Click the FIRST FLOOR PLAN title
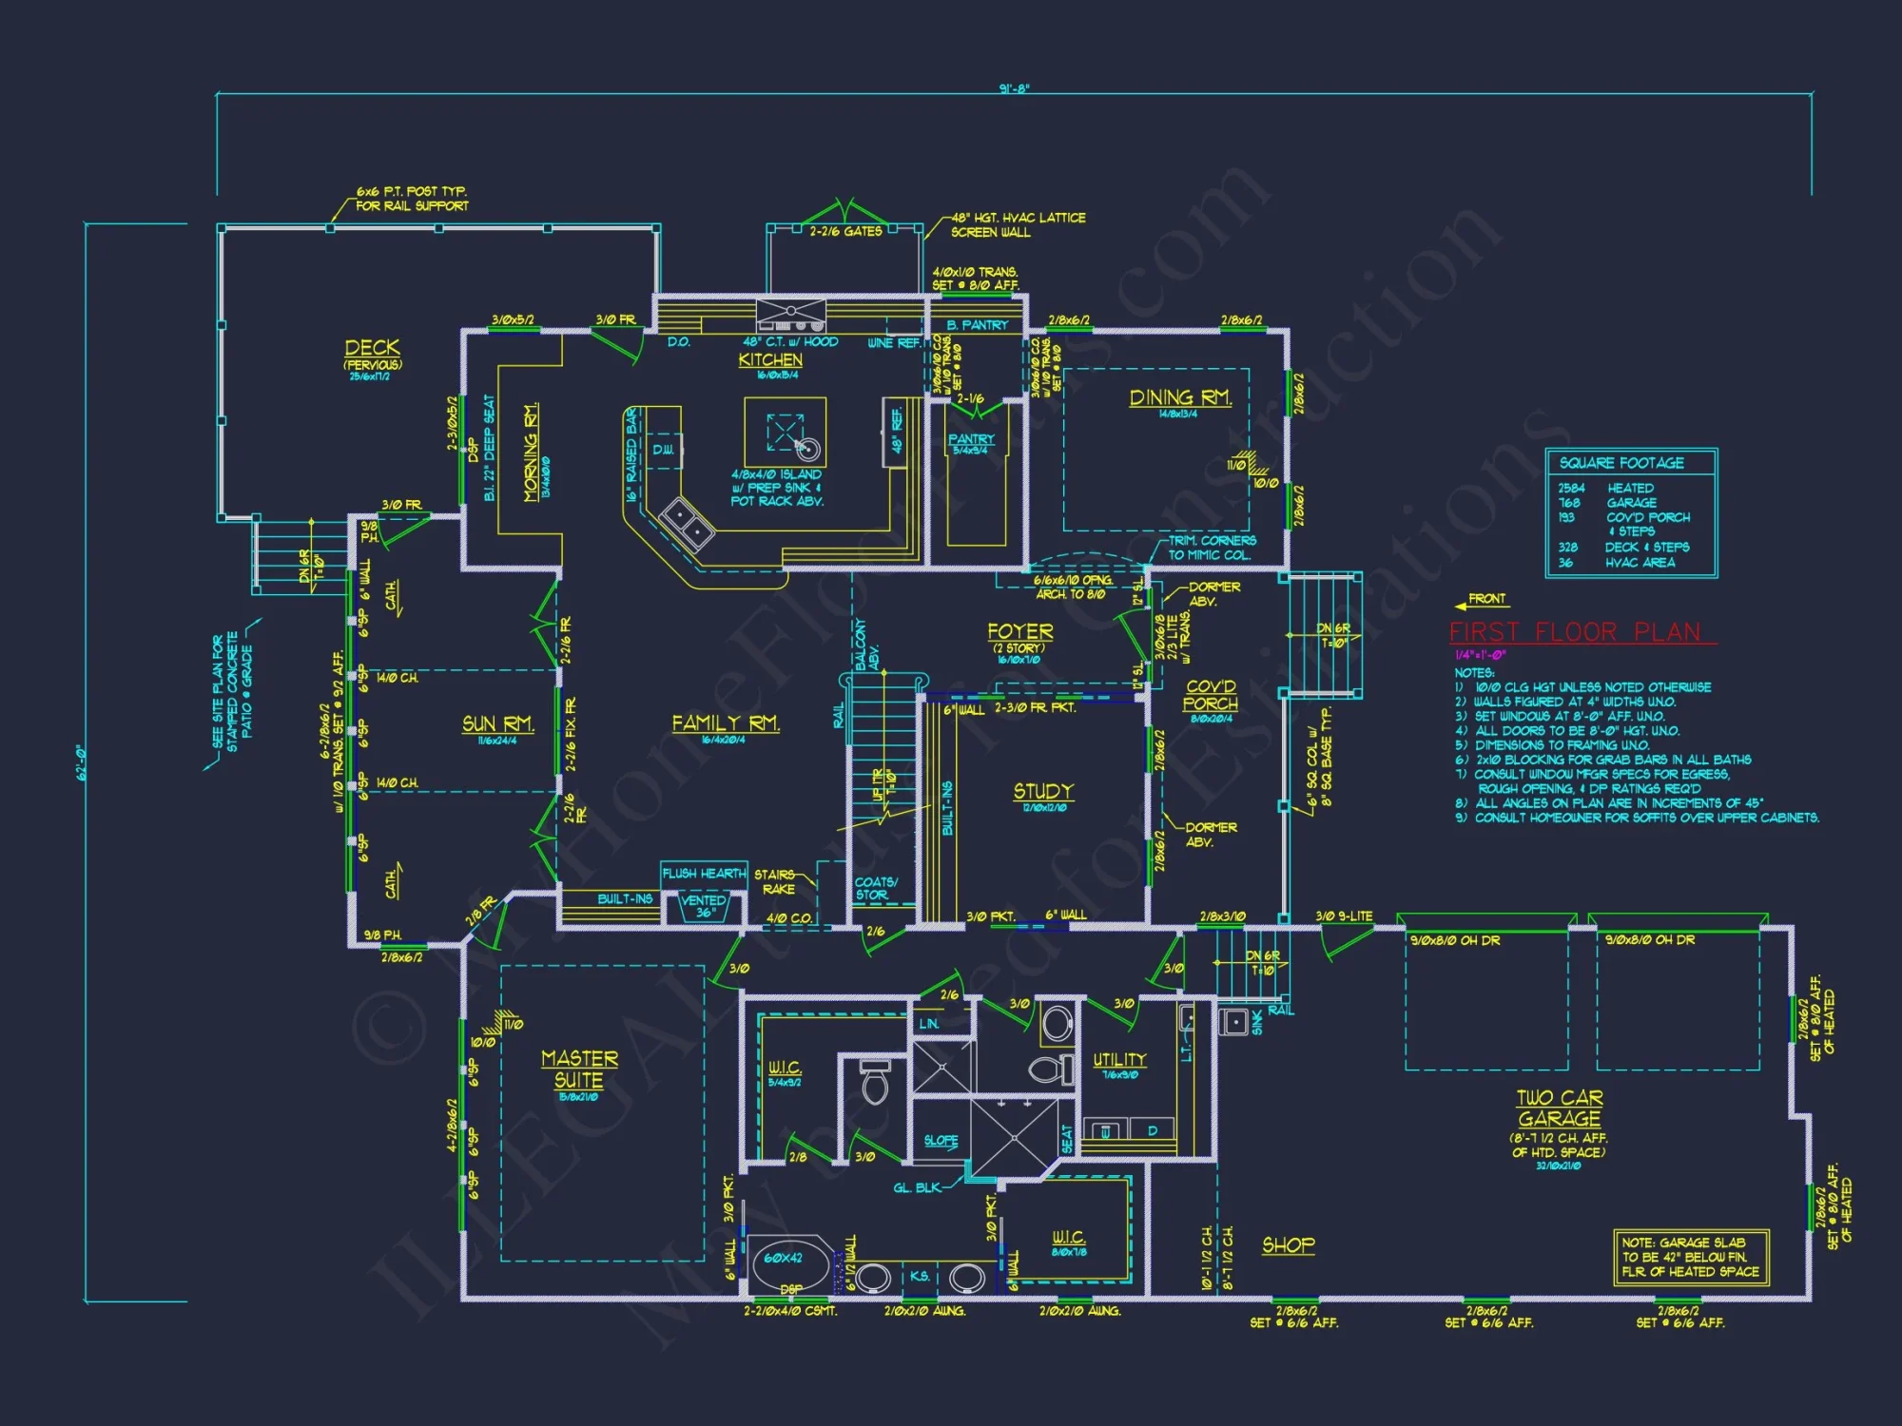pos(1575,632)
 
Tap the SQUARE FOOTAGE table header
pos(1621,463)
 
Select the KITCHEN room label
pos(770,360)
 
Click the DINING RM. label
pos(1179,397)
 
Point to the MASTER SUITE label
pos(579,1069)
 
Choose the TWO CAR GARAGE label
pos(1560,1108)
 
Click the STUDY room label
pos(1043,791)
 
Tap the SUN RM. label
pos(497,724)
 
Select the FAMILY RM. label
pos(726,723)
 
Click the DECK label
pos(372,348)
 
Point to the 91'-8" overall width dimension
pos(1014,88)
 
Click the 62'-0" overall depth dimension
pos(83,762)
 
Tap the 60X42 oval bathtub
pos(785,1258)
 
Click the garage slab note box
pos(1690,1257)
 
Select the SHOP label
pos(1289,1245)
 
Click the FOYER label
pos(1019,632)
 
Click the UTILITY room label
pos(1119,1060)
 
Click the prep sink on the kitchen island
pos(807,448)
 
